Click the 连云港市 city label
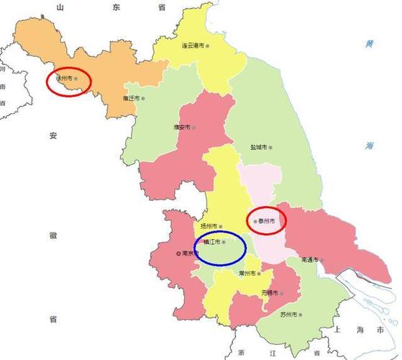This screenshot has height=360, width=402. pos(192,45)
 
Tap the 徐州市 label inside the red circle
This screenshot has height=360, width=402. pos(66,79)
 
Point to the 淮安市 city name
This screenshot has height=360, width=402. pos(182,127)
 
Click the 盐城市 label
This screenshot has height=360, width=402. pos(258,147)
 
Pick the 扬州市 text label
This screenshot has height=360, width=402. pos(209,225)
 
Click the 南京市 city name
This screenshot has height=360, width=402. pos(191,253)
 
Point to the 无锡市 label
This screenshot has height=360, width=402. pos(270,293)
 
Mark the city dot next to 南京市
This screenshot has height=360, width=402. pos(179,253)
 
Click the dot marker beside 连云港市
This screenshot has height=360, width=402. pos(208,45)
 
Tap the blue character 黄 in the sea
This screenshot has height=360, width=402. pos(370,44)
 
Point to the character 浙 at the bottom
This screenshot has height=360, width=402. pos(241,354)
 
